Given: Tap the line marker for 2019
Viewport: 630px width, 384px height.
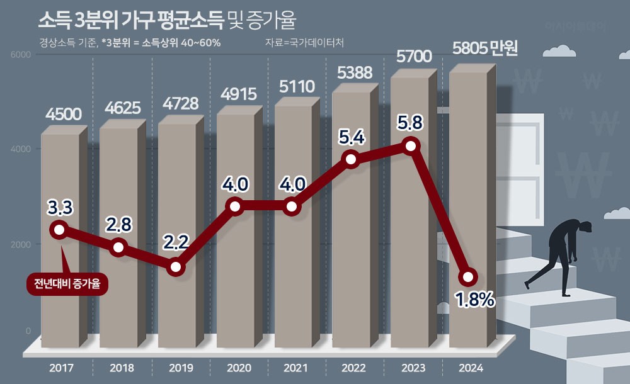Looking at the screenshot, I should tap(176, 267).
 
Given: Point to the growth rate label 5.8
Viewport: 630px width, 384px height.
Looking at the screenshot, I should tap(410, 122).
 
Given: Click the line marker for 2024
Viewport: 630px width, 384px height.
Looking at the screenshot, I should tap(468, 277).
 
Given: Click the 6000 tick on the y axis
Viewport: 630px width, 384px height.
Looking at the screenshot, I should tap(21, 55).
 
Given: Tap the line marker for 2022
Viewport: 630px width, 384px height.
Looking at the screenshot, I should tap(352, 159).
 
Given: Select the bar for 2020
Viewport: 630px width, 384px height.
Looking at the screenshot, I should tap(235, 283).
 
